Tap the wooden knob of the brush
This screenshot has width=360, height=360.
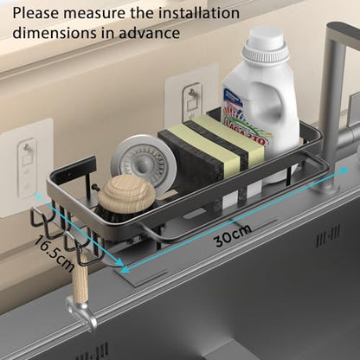coord(126,190)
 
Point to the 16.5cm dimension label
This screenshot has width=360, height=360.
coord(54,253)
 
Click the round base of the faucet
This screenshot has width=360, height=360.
coord(325,183)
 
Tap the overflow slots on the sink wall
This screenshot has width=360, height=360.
coord(328,236)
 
